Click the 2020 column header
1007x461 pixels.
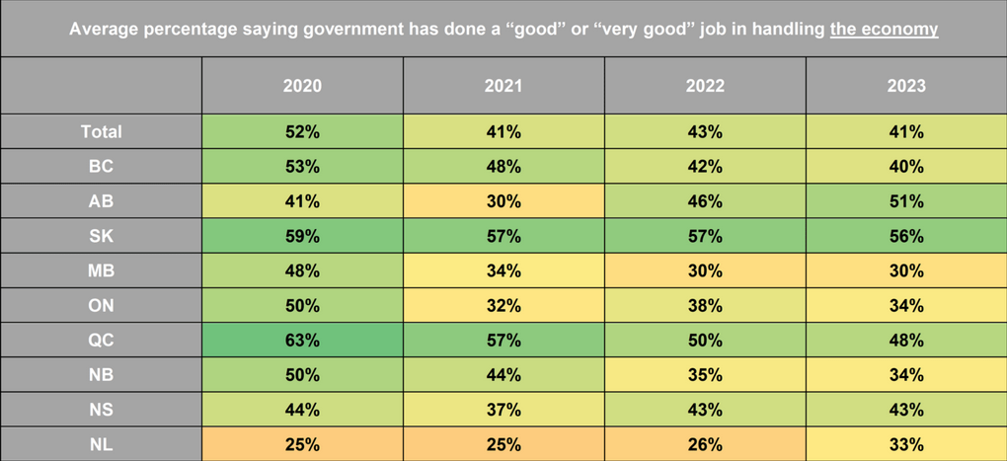coord(302,86)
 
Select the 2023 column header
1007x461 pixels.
coord(906,86)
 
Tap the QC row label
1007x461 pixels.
coord(102,340)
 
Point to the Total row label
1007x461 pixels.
coord(102,131)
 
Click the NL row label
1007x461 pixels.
coord(102,443)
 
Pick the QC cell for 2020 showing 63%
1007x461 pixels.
coord(302,340)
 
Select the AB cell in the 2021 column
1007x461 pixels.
coord(503,201)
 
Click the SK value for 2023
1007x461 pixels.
coord(906,236)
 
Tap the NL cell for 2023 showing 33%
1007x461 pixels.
coord(906,443)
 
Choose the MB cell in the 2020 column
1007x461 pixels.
coord(302,270)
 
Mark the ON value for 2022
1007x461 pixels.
coord(705,305)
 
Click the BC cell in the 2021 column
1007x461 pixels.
coord(503,166)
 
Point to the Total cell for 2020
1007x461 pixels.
coord(302,131)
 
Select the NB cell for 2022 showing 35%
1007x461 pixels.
coord(705,374)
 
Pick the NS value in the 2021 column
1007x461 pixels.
coord(503,409)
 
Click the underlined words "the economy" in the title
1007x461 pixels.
coord(884,30)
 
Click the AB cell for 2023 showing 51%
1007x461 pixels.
coord(906,201)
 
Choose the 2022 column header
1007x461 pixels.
coord(705,86)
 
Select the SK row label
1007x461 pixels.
coord(102,236)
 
